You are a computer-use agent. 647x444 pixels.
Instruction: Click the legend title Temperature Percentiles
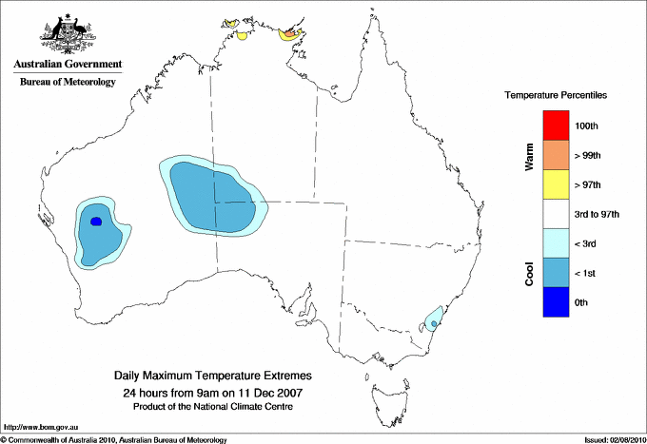pyautogui.click(x=556, y=96)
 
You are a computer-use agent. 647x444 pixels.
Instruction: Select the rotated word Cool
pyautogui.click(x=529, y=273)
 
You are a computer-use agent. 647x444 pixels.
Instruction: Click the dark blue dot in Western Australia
pyautogui.click(x=95, y=222)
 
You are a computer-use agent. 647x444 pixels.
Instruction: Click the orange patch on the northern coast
pyautogui.click(x=289, y=36)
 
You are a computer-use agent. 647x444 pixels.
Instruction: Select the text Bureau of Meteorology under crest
pyautogui.click(x=68, y=83)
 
